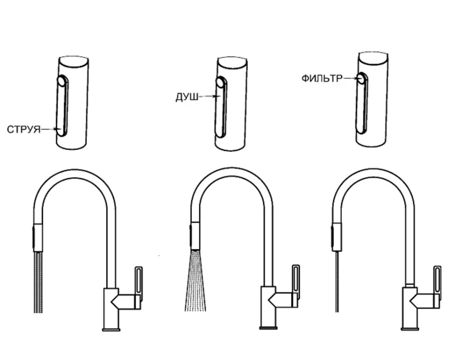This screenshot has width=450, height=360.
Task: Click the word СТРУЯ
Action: point(24,130)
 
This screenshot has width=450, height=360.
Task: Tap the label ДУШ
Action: point(186,98)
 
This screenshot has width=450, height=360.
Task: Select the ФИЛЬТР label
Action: point(322,78)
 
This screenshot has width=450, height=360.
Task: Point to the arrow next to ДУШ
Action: point(207,97)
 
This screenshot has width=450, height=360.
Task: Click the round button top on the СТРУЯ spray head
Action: point(61,81)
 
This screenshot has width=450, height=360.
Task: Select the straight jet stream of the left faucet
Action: point(38,282)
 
